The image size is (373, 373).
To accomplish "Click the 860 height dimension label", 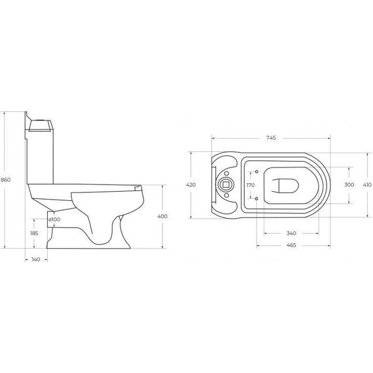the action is click(5, 180).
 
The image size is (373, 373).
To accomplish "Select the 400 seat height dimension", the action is click(162, 216).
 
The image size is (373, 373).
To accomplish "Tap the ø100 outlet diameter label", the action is click(54, 219).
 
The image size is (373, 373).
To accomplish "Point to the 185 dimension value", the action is click(34, 234).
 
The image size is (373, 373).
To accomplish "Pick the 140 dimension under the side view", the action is click(36, 259).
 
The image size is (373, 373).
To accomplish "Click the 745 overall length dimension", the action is click(271, 137).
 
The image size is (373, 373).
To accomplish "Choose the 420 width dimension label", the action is click(191, 185).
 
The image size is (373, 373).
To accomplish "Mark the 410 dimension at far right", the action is click(367, 185).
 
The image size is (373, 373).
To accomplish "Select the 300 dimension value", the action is click(349, 185).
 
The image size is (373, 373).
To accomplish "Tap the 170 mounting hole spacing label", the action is click(251, 185).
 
